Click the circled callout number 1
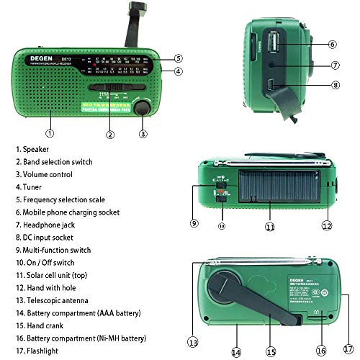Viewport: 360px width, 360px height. pos(49,132)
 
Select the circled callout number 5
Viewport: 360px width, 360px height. pos(178,58)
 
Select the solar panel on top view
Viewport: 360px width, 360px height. pos(273,191)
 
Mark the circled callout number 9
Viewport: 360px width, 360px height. pos(194,223)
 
